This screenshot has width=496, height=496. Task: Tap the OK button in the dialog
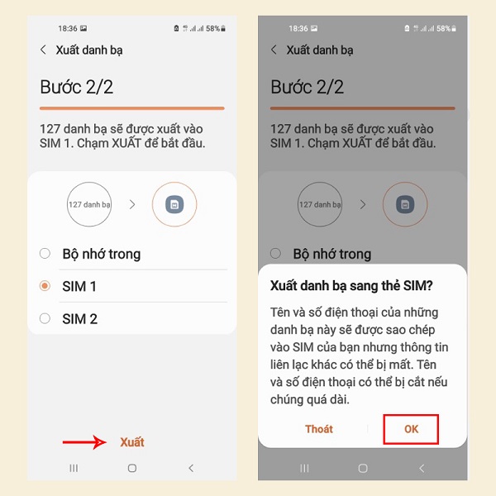[x=411, y=429]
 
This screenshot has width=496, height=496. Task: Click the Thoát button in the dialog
[x=319, y=429]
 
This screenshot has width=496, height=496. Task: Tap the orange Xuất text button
[x=132, y=442]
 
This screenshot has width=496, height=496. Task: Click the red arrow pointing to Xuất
[x=84, y=442]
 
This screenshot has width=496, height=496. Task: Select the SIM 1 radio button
[x=45, y=286]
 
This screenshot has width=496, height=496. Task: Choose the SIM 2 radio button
[x=45, y=318]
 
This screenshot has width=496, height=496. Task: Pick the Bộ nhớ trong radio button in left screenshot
[x=45, y=254]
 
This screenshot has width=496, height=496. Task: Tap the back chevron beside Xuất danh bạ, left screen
[x=43, y=50]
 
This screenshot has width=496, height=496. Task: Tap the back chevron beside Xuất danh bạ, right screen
[x=274, y=50]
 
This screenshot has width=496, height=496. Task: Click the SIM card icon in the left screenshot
[x=174, y=204]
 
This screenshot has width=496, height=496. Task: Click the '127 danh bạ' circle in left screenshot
[x=89, y=204]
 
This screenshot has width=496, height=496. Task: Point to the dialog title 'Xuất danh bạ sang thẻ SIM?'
[x=351, y=286]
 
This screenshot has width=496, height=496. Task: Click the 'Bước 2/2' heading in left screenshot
[x=77, y=87]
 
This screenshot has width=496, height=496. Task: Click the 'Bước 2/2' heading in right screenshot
[x=308, y=87]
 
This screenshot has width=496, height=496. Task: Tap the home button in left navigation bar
[x=132, y=468]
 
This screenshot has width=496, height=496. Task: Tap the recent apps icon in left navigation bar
[x=74, y=468]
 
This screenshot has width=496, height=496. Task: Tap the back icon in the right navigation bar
[x=422, y=468]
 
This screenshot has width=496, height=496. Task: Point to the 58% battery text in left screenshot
[x=213, y=28]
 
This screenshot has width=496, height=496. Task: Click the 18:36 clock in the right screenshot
[x=298, y=28]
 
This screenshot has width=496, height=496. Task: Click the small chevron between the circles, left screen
[x=132, y=205]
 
